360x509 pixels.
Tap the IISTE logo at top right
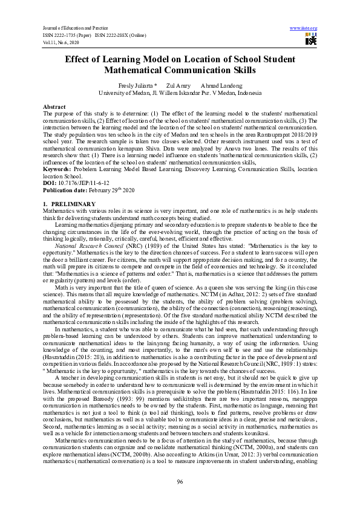pos(311,40)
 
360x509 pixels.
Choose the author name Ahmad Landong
pos(216,86)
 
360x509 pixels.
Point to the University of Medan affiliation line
pos(180,93)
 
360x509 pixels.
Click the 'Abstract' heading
pos(54,106)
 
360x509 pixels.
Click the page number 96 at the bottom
pos(180,481)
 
